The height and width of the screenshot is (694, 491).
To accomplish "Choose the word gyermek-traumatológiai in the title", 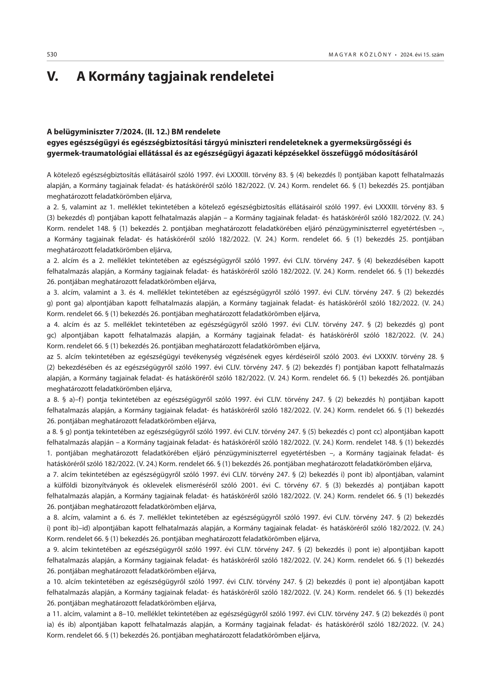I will point(85,153).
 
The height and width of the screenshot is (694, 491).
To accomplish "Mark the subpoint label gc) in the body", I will point(52,335).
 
